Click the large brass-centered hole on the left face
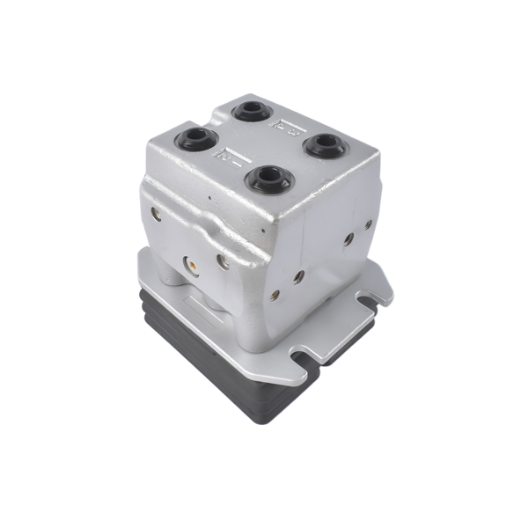pyautogui.click(x=187, y=261)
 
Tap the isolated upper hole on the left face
pyautogui.click(x=157, y=213)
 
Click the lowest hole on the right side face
pyautogui.click(x=275, y=295)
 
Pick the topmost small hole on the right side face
pyautogui.click(x=370, y=224)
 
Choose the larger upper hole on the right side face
pyautogui.click(x=349, y=238)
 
